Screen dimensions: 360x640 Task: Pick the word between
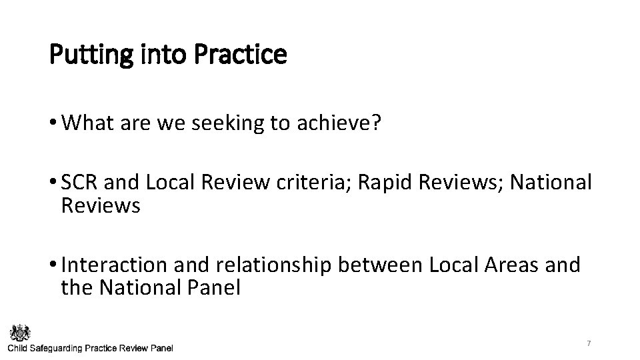click(x=379, y=265)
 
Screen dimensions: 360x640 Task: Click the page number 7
click(x=589, y=343)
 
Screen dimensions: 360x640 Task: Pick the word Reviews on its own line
click(x=100, y=206)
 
